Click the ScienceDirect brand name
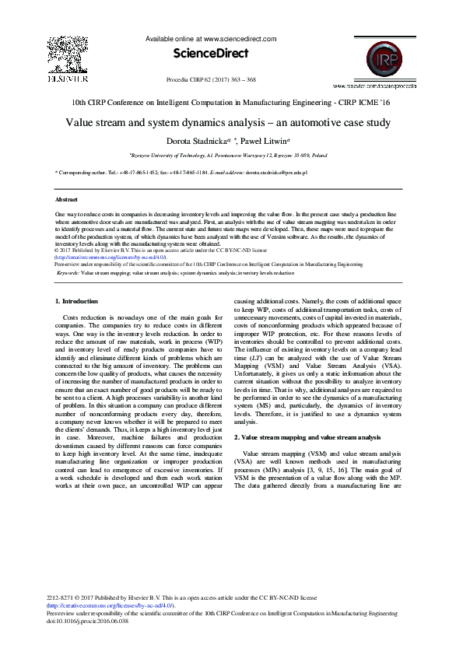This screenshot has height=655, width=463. click(211, 54)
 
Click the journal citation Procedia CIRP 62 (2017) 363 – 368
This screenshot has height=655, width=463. click(211, 80)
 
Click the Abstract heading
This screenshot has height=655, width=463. click(68, 200)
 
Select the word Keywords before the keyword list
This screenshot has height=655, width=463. click(67, 274)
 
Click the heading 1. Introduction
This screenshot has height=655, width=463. click(76, 300)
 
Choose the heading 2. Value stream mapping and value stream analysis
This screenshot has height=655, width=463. click(307, 438)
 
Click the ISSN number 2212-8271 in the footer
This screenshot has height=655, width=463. click(61, 599)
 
